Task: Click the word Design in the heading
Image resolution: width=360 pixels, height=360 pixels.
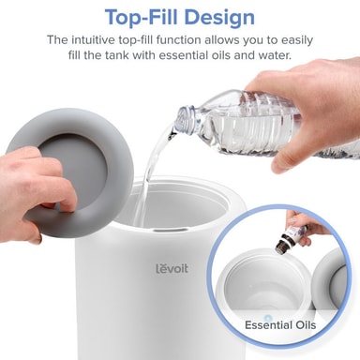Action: [219, 18]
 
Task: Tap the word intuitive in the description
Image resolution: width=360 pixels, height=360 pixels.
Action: [93, 40]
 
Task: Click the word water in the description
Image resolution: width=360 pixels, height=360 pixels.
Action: [275, 55]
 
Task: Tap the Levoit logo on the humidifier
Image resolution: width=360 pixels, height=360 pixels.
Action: [172, 268]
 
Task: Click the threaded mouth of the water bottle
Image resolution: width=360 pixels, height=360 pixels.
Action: [185, 119]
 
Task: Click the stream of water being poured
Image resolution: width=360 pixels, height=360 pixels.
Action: [150, 175]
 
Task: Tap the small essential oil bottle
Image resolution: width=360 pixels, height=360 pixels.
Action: [290, 235]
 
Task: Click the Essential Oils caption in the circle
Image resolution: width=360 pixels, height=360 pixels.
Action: [280, 325]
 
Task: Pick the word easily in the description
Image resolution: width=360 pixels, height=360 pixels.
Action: [297, 41]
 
